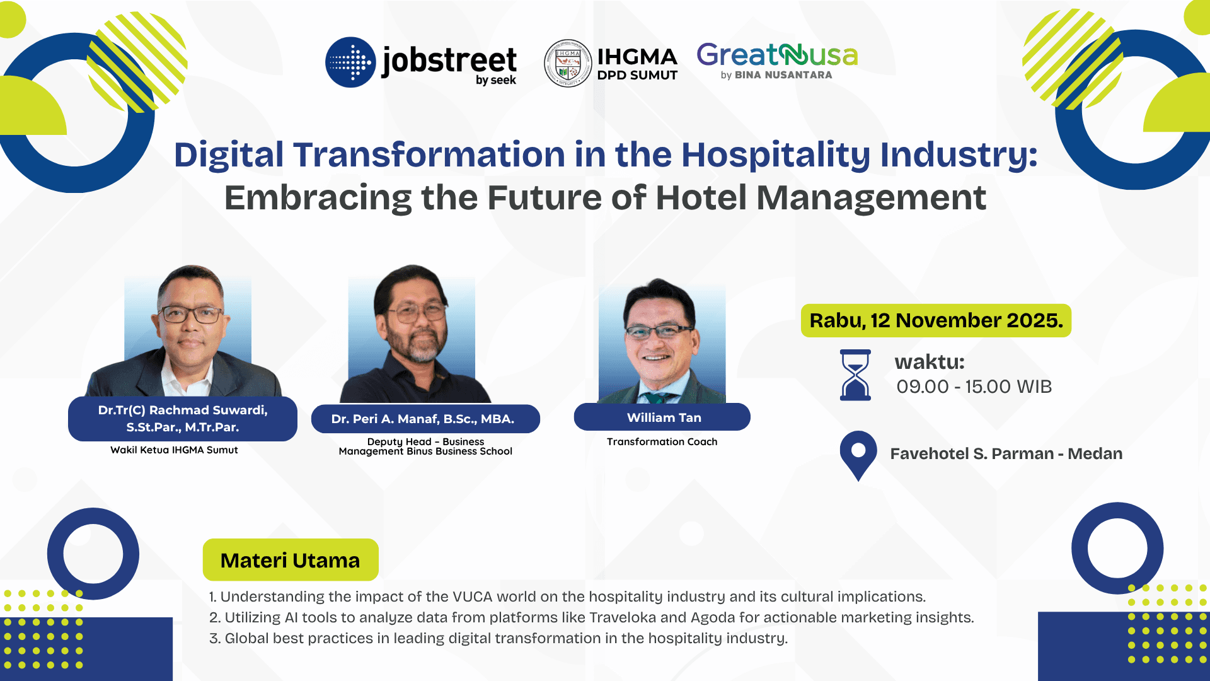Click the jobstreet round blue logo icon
coord(350,62)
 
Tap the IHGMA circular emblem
coord(568,63)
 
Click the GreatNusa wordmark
coord(777,55)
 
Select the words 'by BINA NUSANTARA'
coord(776,75)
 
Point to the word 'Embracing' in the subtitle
coord(318,198)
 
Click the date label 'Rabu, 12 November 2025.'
coord(936,320)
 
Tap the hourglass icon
coord(855,375)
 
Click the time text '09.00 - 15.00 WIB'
coord(974,387)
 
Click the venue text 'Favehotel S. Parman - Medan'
coord(1006,453)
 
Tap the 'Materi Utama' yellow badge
coord(291,560)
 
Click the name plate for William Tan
coord(662,417)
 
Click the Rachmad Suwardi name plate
coord(183,419)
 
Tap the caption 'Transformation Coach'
coord(662,441)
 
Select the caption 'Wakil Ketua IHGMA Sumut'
coord(174,450)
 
